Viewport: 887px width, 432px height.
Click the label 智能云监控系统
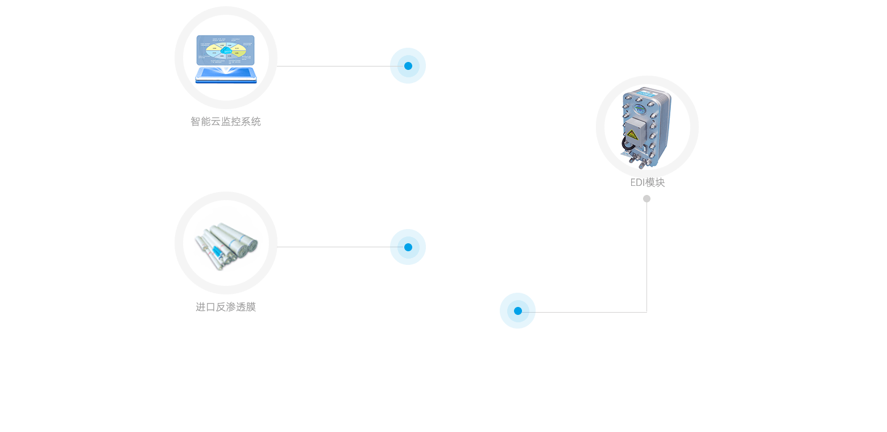(x=226, y=121)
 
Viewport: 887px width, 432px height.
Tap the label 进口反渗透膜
(x=226, y=307)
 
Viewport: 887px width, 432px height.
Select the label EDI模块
(x=647, y=182)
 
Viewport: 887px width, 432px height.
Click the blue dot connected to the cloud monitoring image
(x=408, y=65)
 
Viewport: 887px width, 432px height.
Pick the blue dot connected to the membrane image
(x=408, y=247)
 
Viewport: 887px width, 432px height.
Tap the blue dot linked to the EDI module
(x=517, y=310)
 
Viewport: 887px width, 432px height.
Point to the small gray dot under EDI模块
(x=646, y=198)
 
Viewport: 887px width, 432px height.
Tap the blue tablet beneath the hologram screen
(x=226, y=74)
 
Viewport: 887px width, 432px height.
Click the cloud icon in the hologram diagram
(x=227, y=51)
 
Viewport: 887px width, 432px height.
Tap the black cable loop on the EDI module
(x=626, y=145)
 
